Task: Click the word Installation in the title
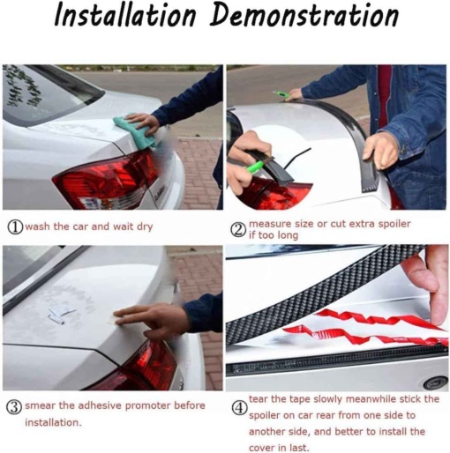125,15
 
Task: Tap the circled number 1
15,227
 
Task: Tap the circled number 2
238,230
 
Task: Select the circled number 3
14,407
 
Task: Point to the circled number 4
239,408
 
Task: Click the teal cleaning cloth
135,130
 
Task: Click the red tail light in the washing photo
106,179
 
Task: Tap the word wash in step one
37,226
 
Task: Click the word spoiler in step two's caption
394,224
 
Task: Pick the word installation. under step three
53,422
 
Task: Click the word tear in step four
259,399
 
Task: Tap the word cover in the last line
262,448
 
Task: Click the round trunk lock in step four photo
434,382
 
